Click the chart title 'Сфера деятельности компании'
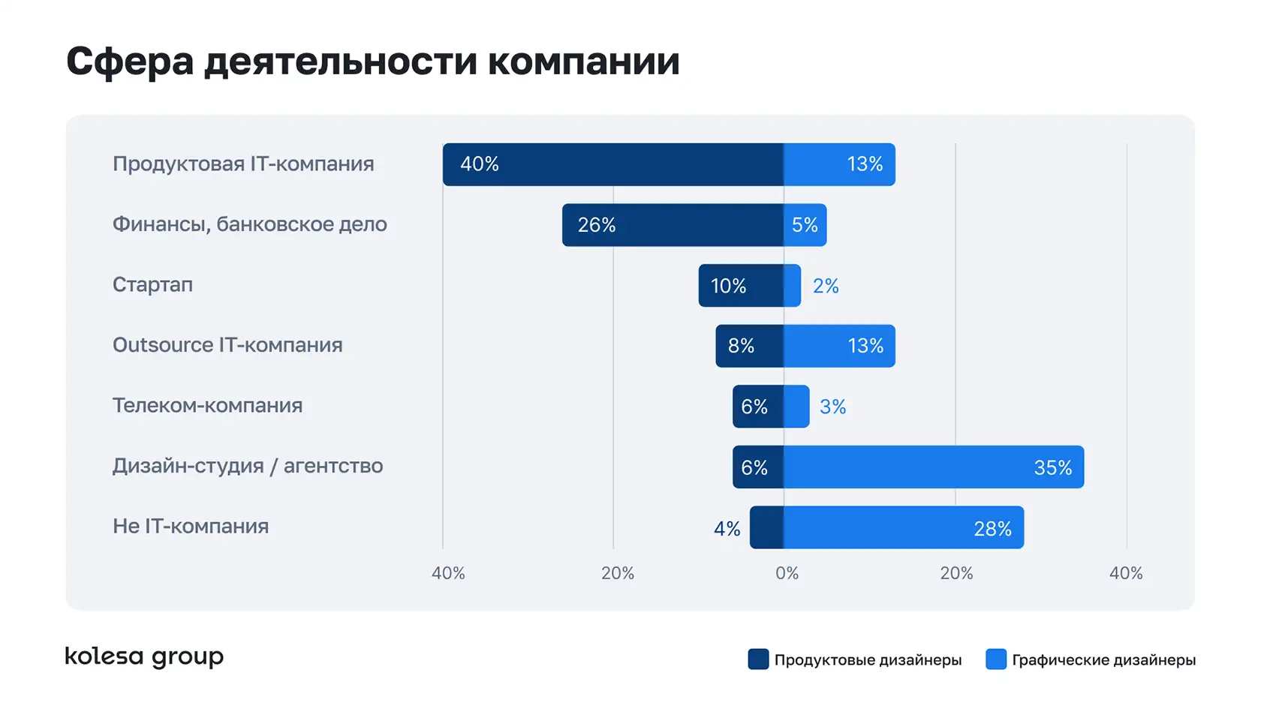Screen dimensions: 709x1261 click(x=373, y=62)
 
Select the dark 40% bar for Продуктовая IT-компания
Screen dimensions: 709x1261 click(x=613, y=164)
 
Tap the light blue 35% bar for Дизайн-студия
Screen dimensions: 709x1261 click(x=934, y=467)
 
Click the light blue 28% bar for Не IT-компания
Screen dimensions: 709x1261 click(x=904, y=527)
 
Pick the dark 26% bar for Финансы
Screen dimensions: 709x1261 click(x=673, y=225)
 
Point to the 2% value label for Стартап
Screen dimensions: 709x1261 click(x=826, y=286)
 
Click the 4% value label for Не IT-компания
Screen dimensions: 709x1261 click(x=727, y=529)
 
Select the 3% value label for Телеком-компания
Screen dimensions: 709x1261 click(x=832, y=407)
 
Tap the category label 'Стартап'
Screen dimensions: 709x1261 click(x=152, y=285)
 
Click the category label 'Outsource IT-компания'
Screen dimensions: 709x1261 click(x=227, y=345)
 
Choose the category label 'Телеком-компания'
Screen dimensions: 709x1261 click(x=207, y=406)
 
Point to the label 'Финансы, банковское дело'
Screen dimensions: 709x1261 click(x=249, y=224)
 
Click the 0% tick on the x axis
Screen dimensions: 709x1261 click(x=787, y=573)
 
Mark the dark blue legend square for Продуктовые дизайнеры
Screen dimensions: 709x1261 click(x=758, y=659)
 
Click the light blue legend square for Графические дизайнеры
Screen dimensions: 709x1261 click(x=995, y=659)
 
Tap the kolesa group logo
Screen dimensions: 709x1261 click(x=144, y=657)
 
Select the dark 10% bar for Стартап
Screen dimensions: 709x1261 click(x=741, y=286)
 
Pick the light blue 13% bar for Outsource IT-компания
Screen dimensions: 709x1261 click(x=839, y=346)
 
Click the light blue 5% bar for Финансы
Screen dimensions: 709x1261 click(x=805, y=225)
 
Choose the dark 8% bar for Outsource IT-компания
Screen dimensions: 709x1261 click(x=749, y=346)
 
